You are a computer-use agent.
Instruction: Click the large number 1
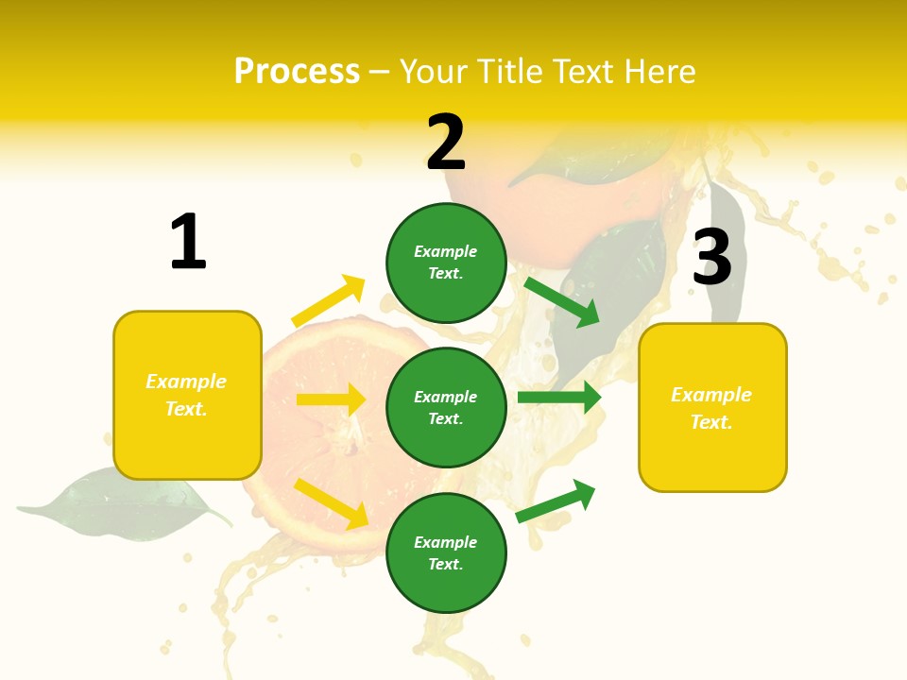point(188,243)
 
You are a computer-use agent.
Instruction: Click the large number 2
point(446,143)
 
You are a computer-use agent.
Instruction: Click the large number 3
point(711,257)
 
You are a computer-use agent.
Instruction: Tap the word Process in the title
point(297,71)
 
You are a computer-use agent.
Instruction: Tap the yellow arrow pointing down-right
point(331,502)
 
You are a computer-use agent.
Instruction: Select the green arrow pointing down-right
point(561,301)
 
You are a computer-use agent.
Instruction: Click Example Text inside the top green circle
point(446,263)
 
